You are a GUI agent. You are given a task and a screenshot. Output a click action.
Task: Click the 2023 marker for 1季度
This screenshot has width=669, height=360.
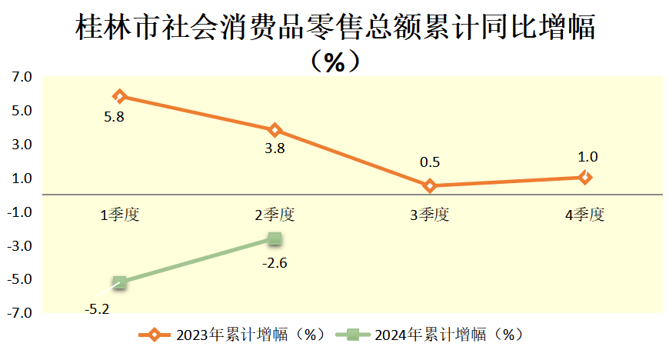tap(119, 96)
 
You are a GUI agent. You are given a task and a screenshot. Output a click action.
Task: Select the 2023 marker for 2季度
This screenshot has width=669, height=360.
tap(275, 130)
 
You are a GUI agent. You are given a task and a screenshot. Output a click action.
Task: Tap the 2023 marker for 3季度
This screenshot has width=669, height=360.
tap(430, 185)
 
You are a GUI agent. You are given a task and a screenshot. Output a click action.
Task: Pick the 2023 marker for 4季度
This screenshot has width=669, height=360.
tap(585, 177)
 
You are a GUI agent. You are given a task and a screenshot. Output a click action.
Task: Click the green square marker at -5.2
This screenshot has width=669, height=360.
tap(119, 283)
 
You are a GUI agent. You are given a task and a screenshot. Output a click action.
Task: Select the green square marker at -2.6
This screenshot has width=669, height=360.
tap(275, 239)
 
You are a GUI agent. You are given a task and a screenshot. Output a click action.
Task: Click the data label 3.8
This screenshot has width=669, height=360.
tap(275, 149)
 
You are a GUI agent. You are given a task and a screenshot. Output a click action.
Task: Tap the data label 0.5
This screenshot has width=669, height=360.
tap(430, 163)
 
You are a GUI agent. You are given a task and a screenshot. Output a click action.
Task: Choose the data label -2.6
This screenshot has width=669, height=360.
tap(275, 263)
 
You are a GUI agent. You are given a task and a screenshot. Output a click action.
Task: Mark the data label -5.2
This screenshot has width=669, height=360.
tap(97, 308)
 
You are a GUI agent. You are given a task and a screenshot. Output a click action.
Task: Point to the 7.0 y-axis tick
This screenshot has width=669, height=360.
tap(21, 77)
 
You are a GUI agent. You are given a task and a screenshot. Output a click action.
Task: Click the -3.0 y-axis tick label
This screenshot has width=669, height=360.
tap(19, 246)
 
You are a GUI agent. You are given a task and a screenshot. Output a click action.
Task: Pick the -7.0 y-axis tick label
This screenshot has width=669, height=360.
tap(19, 313)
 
